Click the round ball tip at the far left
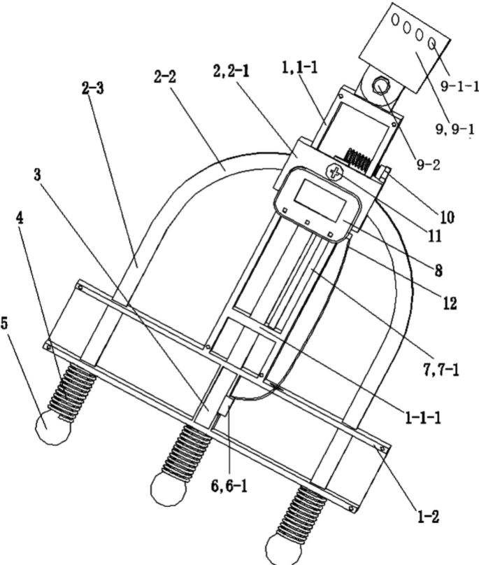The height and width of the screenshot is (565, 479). [53, 425]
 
